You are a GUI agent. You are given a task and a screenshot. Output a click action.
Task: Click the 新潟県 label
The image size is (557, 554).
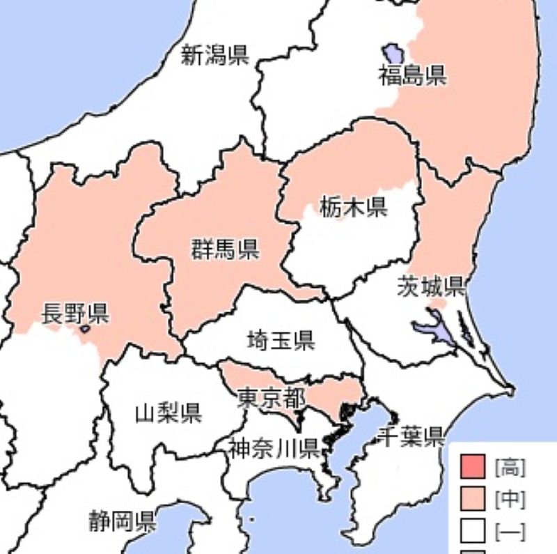pyautogui.click(x=215, y=54)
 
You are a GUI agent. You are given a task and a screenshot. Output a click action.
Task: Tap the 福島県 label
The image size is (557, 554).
pyautogui.click(x=412, y=75)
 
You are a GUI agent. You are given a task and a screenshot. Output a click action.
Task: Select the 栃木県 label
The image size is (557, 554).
pyautogui.click(x=354, y=206)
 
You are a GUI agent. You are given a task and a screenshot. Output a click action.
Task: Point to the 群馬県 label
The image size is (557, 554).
pyautogui.click(x=225, y=248)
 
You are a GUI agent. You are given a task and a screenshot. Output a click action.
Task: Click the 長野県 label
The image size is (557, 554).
pyautogui.click(x=75, y=313)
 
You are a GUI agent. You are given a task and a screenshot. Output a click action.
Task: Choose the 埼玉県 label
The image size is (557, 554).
pyautogui.click(x=281, y=340)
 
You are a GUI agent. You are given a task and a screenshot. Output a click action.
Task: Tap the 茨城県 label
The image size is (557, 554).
pyautogui.click(x=432, y=286)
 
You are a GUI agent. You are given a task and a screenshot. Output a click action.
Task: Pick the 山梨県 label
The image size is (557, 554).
pyautogui.click(x=168, y=413)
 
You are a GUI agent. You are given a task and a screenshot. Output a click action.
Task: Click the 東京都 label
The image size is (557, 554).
pyautogui.click(x=271, y=398)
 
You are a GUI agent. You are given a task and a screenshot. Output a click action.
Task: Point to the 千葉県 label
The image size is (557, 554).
pyautogui.click(x=411, y=437)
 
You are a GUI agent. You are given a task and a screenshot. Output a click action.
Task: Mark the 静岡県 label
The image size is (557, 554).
pyautogui.click(x=122, y=521)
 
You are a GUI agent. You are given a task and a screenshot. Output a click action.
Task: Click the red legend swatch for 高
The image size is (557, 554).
pyautogui.click(x=473, y=465)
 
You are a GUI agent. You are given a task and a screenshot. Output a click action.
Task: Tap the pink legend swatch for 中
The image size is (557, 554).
pyautogui.click(x=473, y=499)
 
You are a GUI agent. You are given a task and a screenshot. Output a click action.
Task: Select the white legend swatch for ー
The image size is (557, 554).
pyautogui.click(x=473, y=532)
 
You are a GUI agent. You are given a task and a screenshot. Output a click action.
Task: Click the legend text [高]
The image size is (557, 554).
pyautogui.click(x=510, y=465)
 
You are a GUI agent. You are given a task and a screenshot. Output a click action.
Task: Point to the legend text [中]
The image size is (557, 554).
pyautogui.click(x=510, y=499)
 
